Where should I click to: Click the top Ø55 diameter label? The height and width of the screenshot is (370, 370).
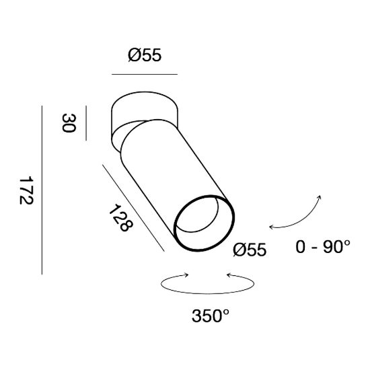[145, 55]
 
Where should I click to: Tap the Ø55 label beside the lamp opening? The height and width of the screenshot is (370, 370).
[250, 250]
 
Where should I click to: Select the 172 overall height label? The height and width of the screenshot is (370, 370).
[26, 190]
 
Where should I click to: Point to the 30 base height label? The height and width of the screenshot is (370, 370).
[69, 123]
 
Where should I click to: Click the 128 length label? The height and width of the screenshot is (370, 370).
[121, 218]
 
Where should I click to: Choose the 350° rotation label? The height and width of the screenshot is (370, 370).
[211, 316]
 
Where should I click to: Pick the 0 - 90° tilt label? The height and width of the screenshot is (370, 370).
[323, 247]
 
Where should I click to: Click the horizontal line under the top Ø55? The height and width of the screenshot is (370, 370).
[145, 74]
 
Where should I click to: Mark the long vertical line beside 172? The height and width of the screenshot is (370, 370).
[42, 190]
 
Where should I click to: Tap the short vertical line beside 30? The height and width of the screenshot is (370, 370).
[86, 123]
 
